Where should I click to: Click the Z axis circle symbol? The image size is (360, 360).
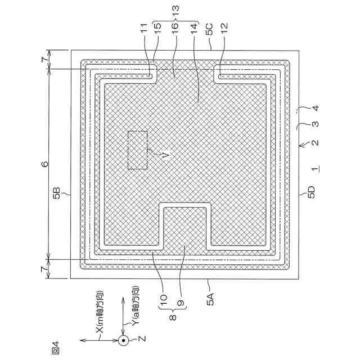(x=123, y=340)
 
